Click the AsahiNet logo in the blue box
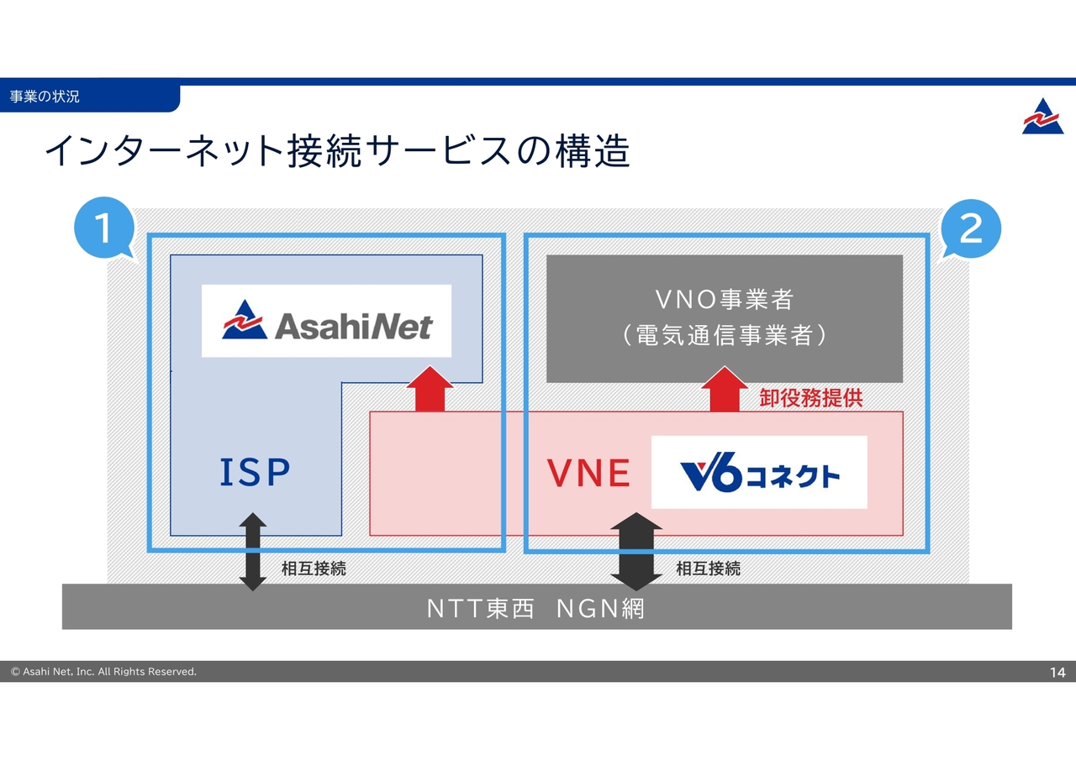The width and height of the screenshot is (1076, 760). tap(326, 322)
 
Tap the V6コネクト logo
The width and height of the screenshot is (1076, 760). tap(759, 473)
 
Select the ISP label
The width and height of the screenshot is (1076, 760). tap(255, 473)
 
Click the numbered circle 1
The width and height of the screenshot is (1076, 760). tap(104, 228)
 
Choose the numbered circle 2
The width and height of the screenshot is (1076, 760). tap(971, 228)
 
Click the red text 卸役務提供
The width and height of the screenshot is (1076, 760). tap(810, 398)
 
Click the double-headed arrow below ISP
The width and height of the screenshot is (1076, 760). tap(253, 552)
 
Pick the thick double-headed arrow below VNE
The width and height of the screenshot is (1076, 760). tap(636, 552)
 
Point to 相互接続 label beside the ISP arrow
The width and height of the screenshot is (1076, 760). tap(314, 569)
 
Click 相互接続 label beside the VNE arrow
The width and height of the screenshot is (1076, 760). tap(708, 569)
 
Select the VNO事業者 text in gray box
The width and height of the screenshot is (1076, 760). tap(724, 299)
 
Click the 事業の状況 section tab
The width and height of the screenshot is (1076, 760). tap(45, 97)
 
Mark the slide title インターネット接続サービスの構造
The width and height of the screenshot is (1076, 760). tap(337, 152)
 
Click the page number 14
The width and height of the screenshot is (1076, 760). tap(1057, 672)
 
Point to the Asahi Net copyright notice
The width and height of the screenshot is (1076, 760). tap(103, 672)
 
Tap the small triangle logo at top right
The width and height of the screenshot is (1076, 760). tap(1042, 117)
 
